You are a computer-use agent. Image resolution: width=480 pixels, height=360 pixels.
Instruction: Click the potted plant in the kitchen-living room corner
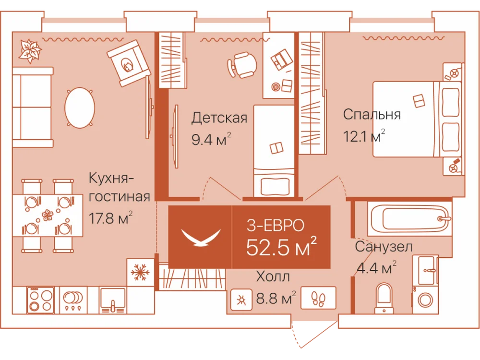30,51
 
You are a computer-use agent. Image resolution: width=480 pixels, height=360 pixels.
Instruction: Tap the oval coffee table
80,108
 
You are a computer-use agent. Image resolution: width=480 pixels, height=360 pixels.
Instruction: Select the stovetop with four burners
41,300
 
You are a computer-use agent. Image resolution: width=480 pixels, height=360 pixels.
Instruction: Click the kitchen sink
113,300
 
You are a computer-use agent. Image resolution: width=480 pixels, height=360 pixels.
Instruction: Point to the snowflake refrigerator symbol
140,272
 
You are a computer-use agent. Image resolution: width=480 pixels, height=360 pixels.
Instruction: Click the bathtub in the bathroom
410,218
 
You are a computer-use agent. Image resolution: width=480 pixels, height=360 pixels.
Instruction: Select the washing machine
425,299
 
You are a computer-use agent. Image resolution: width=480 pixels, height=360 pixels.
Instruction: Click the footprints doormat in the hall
318,298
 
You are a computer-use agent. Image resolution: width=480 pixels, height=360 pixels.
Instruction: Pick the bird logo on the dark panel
201,237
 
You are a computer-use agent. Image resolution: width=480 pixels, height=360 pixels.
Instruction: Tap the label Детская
219,118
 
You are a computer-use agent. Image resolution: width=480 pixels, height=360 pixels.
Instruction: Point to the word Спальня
372,115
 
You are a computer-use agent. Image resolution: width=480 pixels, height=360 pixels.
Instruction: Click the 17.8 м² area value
110,218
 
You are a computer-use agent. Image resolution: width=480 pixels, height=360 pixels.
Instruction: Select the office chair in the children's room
242,65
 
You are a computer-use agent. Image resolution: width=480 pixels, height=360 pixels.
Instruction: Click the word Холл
273,277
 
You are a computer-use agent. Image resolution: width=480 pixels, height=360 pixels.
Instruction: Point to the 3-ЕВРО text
276,226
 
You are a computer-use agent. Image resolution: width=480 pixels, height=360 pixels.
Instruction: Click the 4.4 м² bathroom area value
376,268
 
